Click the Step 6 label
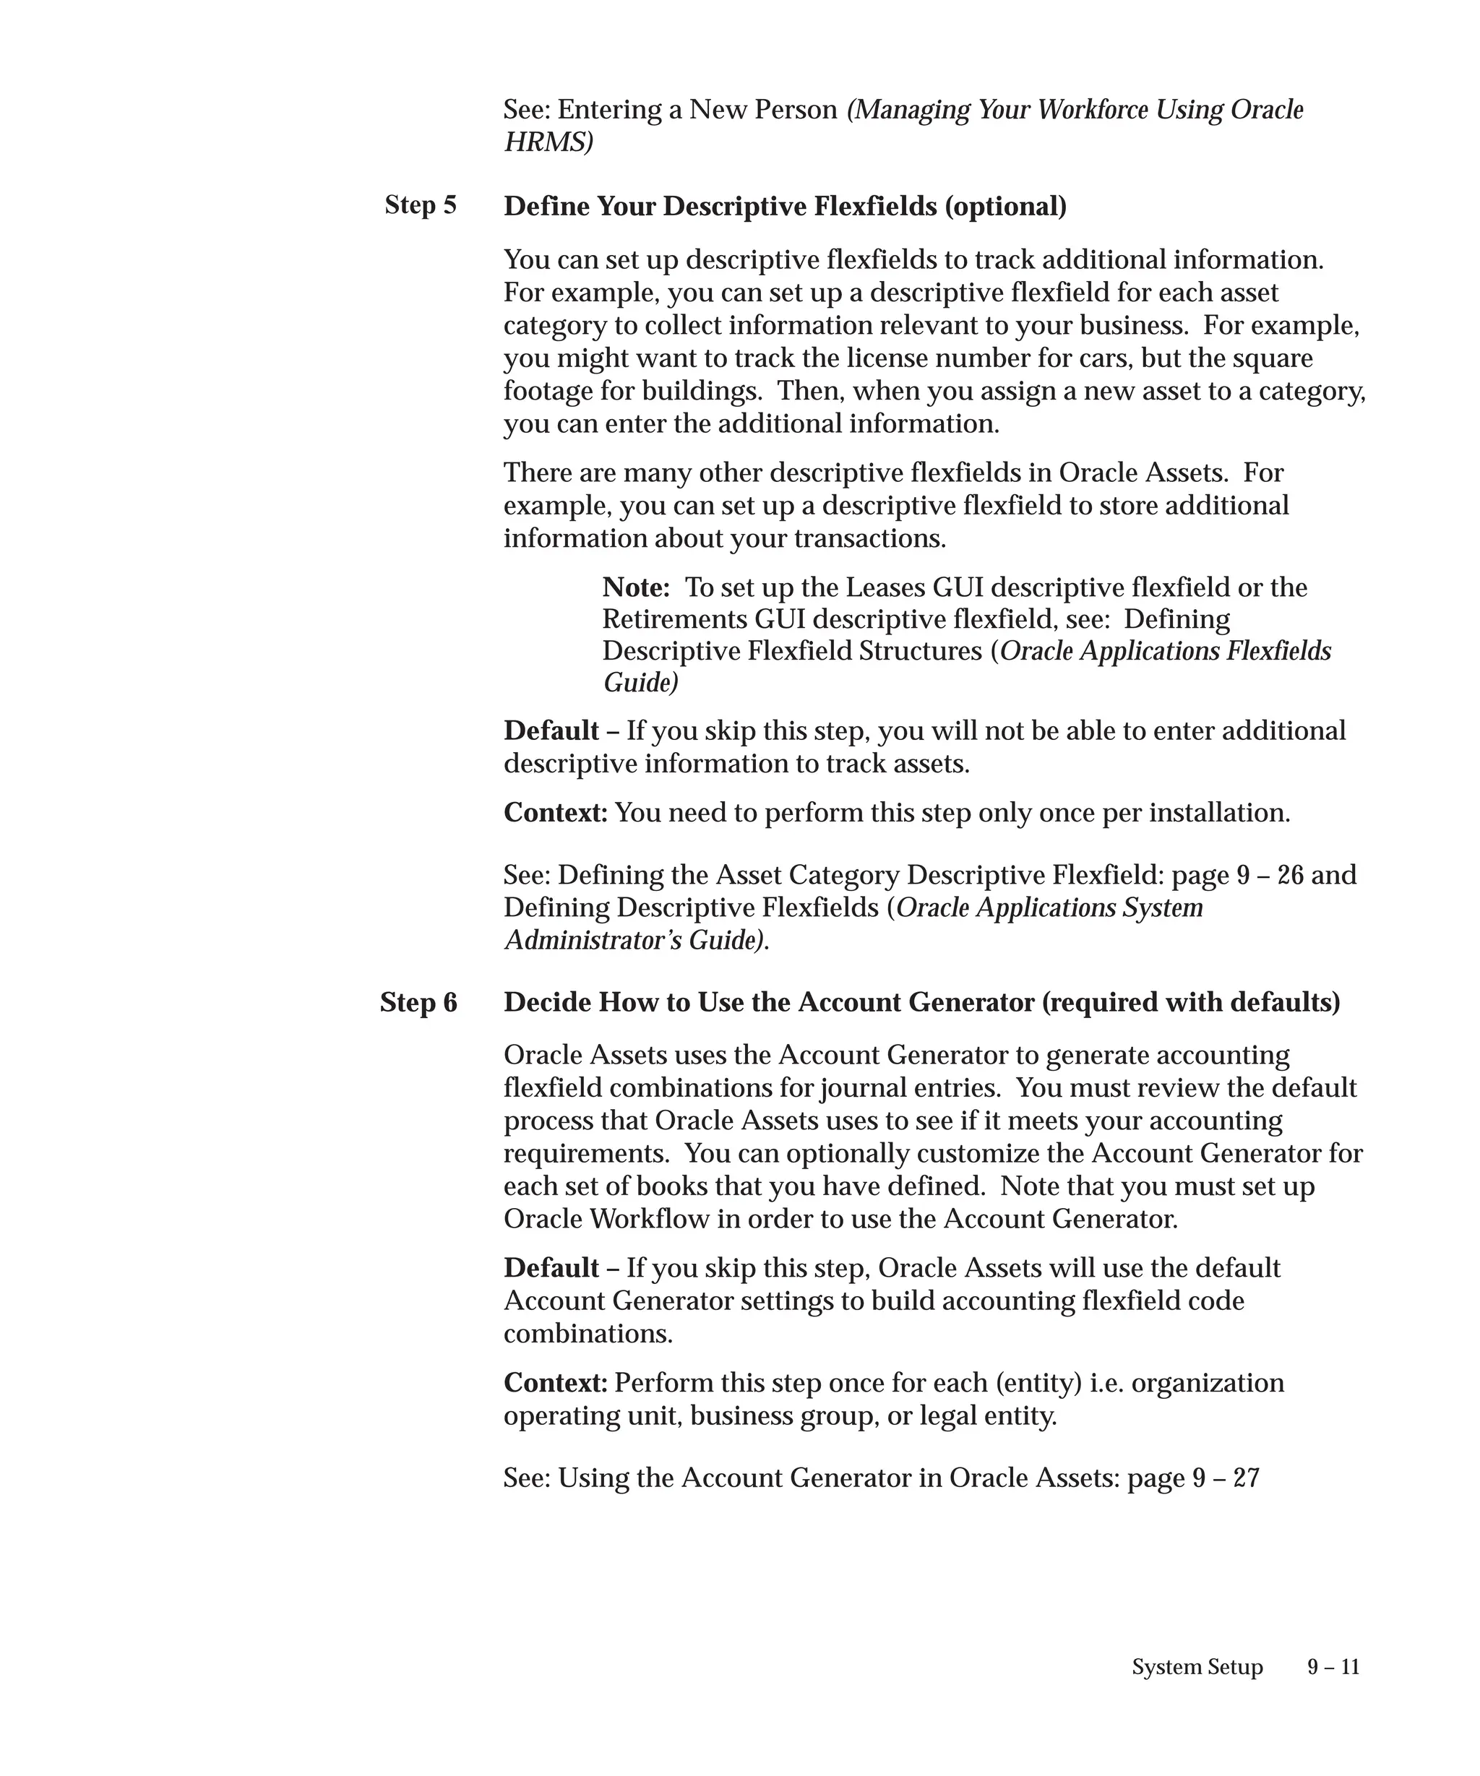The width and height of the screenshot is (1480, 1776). tap(418, 1002)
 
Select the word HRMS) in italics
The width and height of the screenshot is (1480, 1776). tap(548, 142)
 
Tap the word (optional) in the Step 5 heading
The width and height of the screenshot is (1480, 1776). tap(1005, 207)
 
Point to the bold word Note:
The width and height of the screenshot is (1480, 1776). tap(636, 587)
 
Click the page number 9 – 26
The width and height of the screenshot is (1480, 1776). tap(1270, 874)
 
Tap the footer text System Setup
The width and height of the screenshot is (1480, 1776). tap(1197, 1667)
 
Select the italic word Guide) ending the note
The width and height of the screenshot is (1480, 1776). tap(640, 683)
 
